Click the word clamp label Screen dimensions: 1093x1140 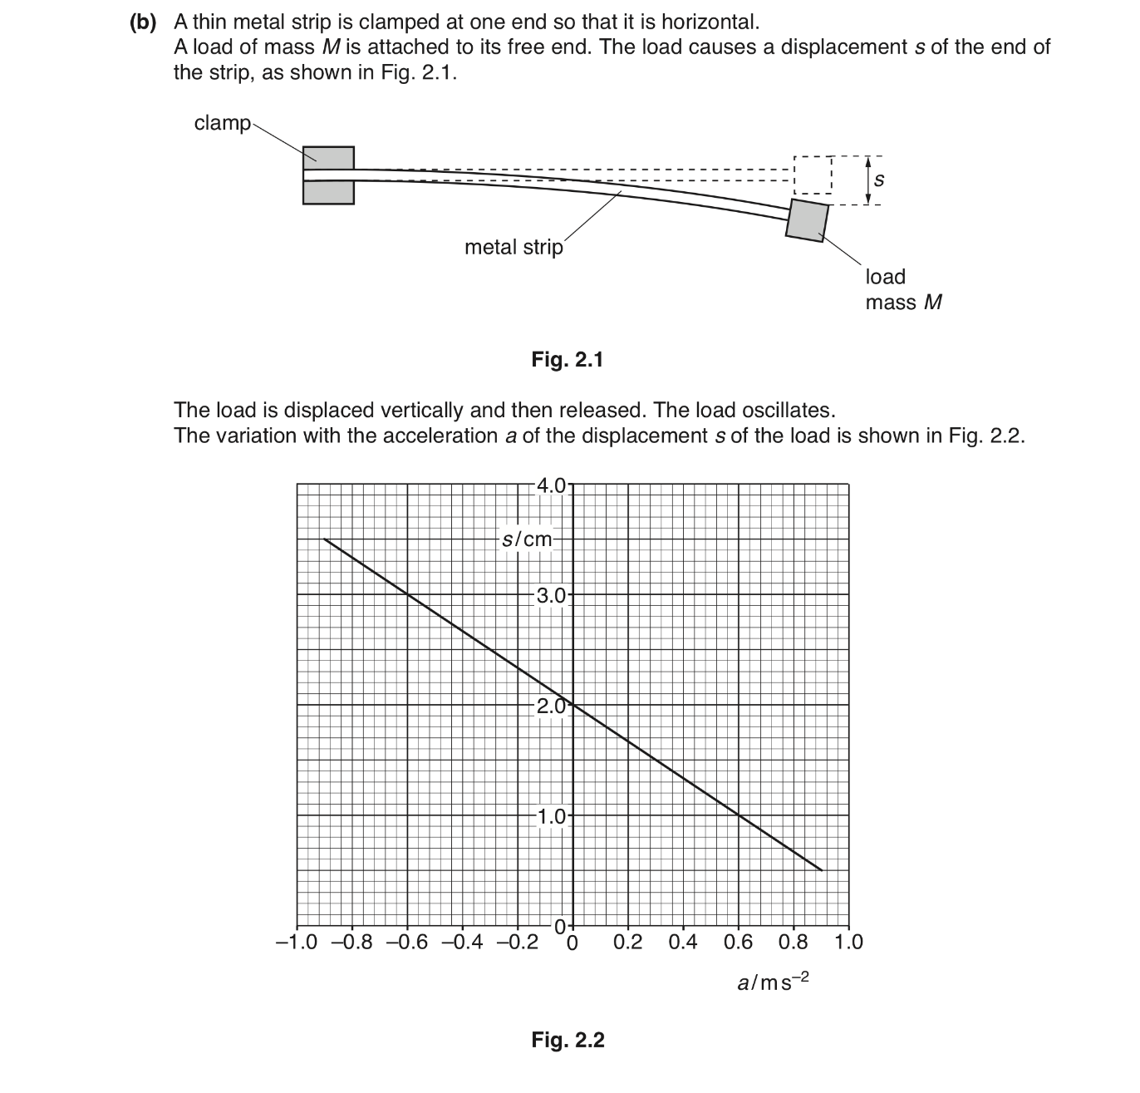point(222,123)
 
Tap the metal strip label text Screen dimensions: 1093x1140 point(513,247)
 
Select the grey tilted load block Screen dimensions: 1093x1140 point(808,219)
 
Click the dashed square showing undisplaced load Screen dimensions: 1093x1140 point(813,175)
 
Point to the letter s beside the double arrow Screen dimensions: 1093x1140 point(880,179)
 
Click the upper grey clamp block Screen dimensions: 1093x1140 point(328,158)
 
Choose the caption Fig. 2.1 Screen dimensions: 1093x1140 point(568,360)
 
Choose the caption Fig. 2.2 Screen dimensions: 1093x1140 point(568,1040)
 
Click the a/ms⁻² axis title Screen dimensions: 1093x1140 point(773,982)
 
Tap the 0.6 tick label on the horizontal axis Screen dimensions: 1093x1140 point(738,943)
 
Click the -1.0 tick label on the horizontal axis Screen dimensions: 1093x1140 point(297,943)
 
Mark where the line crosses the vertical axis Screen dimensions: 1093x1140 point(572,705)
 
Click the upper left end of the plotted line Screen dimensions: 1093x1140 point(325,539)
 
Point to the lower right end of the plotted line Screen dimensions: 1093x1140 point(821,870)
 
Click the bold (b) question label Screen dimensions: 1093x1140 point(143,22)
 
